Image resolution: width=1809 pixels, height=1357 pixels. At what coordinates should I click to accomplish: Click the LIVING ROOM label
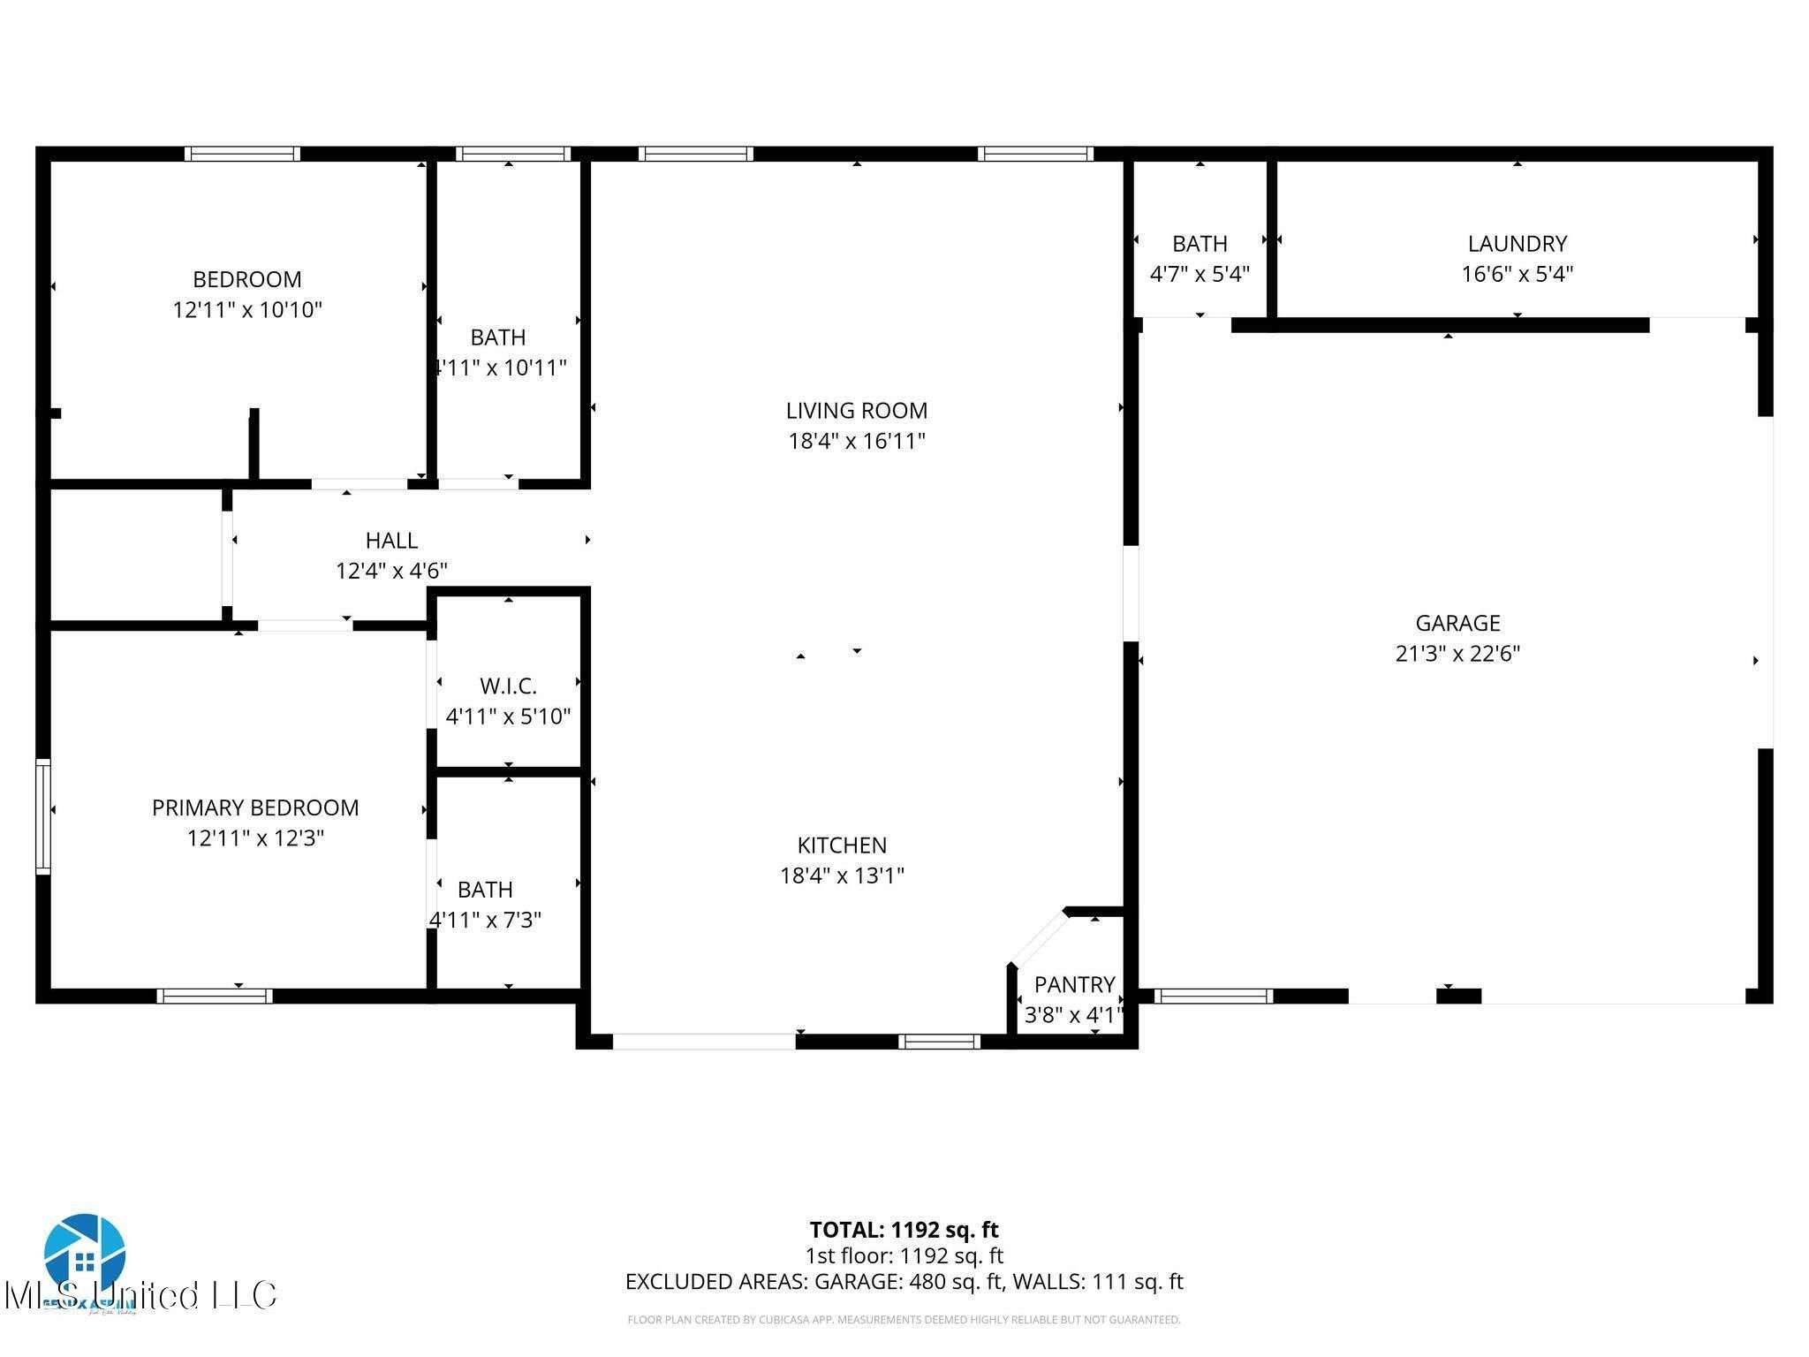856,411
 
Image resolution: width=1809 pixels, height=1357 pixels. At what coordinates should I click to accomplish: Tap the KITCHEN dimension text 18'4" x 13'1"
841,876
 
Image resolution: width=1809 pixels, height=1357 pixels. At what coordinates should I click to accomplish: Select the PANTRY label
1074,984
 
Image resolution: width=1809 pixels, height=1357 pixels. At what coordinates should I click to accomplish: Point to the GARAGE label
1457,624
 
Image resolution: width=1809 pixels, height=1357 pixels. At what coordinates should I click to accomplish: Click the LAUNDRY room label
1517,244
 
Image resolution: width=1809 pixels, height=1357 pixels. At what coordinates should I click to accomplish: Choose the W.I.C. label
508,686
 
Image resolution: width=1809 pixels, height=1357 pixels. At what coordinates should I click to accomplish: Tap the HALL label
391,541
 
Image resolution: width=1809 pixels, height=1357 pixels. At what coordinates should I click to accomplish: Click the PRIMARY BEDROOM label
255,808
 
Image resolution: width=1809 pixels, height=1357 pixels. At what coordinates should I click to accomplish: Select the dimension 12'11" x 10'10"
247,310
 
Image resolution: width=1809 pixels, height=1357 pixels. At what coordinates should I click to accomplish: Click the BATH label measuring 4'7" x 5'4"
1200,244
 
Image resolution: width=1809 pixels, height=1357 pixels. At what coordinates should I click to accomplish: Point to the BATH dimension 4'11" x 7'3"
485,920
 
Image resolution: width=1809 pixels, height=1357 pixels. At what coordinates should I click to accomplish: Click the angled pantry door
1039,939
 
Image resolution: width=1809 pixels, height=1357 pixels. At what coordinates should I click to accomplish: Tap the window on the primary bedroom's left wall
42,815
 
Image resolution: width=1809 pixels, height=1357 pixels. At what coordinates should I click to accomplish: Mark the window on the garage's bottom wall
1213,997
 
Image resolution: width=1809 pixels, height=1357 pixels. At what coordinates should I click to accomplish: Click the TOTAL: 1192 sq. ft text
904,1230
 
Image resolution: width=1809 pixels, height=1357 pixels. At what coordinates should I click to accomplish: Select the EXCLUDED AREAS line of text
904,1282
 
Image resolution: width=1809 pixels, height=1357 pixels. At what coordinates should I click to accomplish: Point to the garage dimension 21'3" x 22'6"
1457,654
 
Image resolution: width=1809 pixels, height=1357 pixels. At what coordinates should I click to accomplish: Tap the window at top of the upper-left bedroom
242,154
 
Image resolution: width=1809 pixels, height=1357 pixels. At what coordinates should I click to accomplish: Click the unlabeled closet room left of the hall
134,555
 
